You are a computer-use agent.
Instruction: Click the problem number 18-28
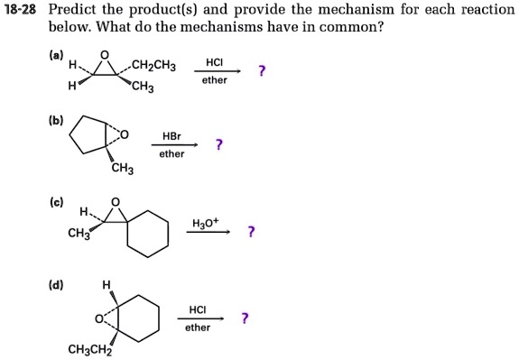tap(20, 10)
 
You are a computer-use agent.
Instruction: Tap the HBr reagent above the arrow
tap(171, 135)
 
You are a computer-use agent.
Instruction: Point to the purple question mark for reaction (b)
tap(219, 144)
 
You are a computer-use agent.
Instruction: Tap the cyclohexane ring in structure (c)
tap(147, 234)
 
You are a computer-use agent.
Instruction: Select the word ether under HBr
tap(171, 153)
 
